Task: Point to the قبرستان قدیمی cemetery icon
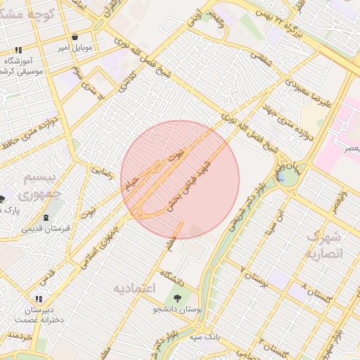[x=46, y=217]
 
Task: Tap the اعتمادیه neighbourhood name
[x=134, y=289]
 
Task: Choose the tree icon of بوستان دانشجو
[x=176, y=297]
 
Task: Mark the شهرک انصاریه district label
[x=325, y=245]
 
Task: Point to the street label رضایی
[x=103, y=172]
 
